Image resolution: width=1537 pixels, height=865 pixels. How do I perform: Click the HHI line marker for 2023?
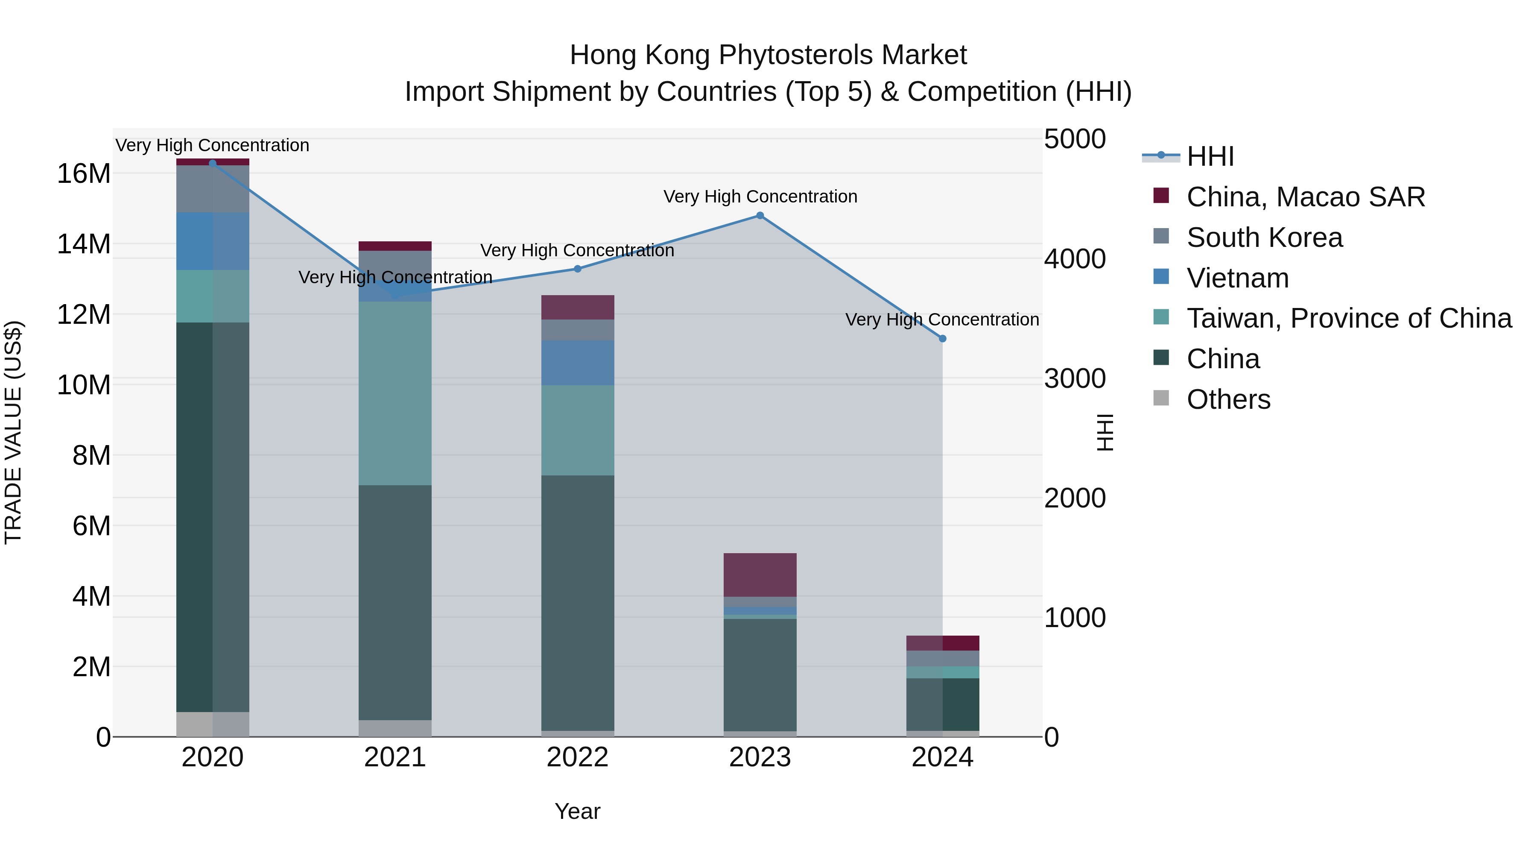(x=760, y=216)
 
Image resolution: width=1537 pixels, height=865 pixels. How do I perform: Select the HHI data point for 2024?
(x=942, y=338)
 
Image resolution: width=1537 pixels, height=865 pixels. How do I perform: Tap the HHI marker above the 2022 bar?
(x=577, y=269)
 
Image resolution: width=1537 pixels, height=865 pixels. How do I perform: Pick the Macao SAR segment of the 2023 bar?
(x=760, y=574)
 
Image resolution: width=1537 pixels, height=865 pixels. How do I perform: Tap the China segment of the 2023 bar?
(x=760, y=674)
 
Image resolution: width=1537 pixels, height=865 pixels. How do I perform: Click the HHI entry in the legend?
(x=1210, y=156)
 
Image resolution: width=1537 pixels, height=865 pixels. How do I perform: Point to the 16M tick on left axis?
(x=84, y=174)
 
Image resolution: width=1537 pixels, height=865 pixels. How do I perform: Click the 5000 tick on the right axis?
(x=1075, y=139)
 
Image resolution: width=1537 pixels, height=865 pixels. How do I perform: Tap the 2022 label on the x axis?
(x=577, y=757)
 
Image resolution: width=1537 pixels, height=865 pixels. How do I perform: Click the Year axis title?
(x=577, y=811)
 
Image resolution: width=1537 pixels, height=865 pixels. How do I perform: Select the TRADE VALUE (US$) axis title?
(x=13, y=432)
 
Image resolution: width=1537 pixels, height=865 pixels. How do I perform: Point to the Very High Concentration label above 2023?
(x=760, y=196)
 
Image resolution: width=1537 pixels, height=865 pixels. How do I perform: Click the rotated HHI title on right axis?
(x=1105, y=432)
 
